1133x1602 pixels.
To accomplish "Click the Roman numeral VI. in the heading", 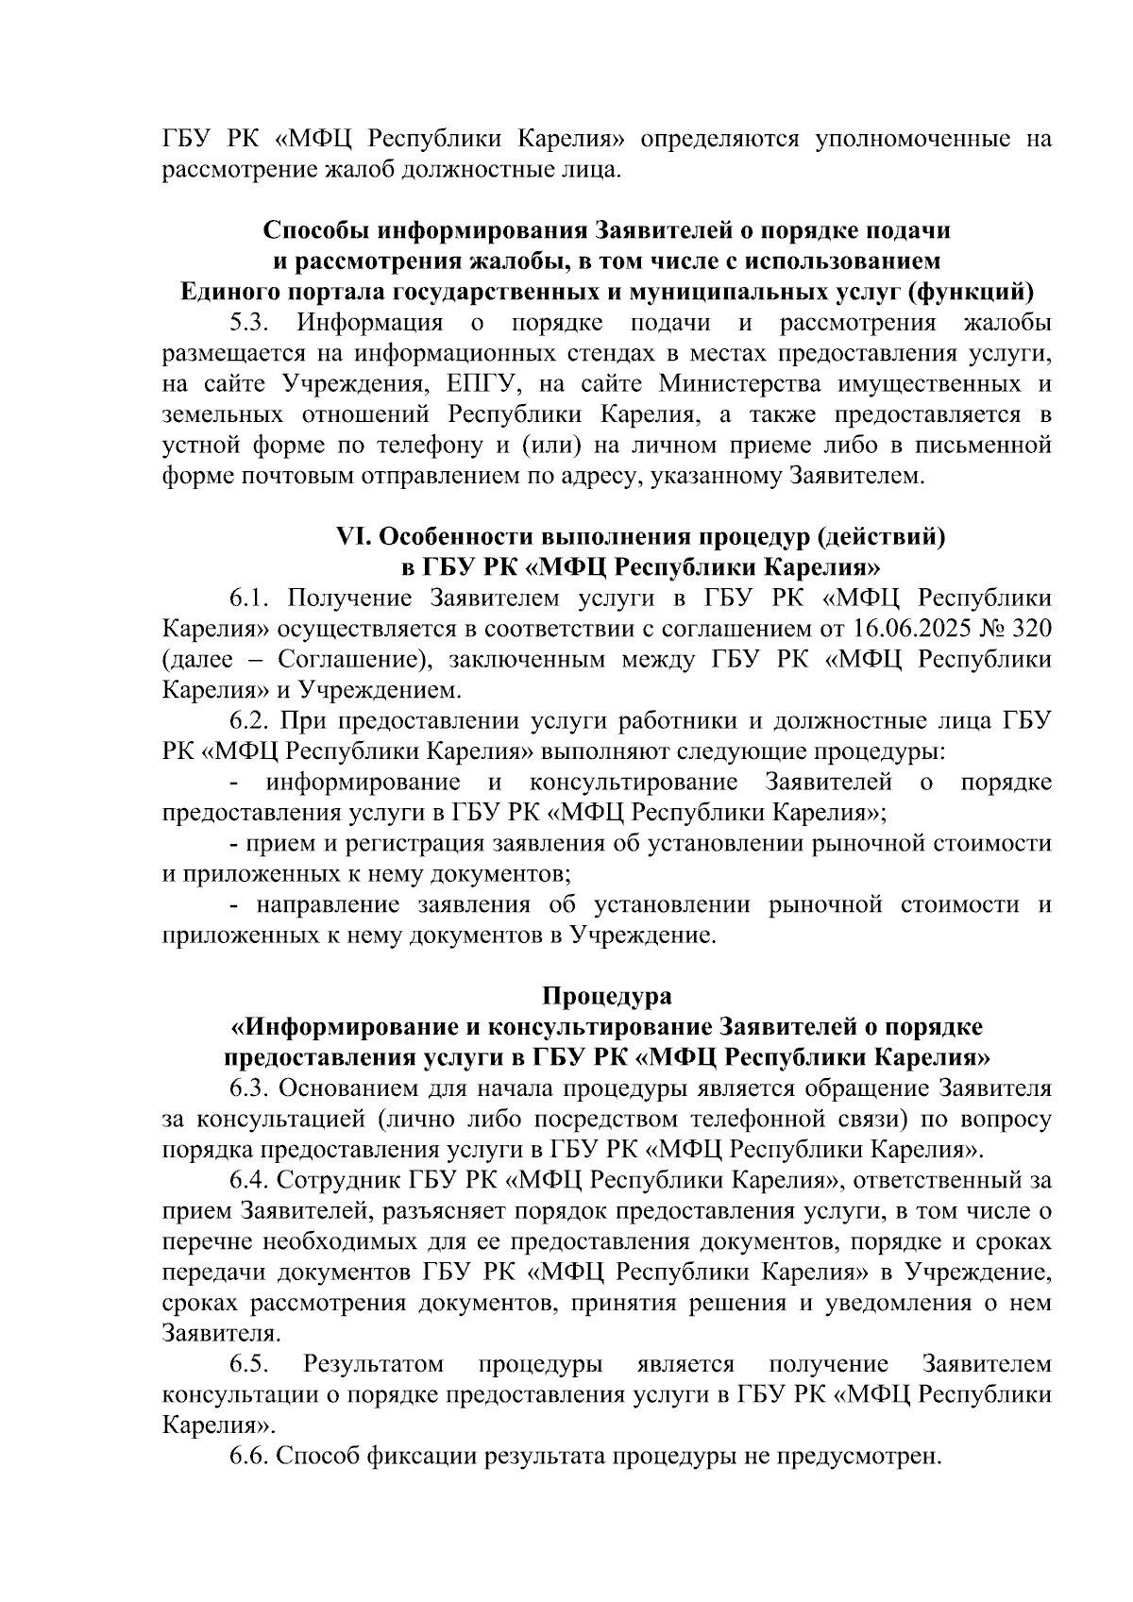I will point(356,537).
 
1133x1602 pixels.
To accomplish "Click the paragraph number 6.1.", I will point(250,599).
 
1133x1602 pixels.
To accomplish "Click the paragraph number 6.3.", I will point(250,1088).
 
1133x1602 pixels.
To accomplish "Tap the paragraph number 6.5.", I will point(250,1364).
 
